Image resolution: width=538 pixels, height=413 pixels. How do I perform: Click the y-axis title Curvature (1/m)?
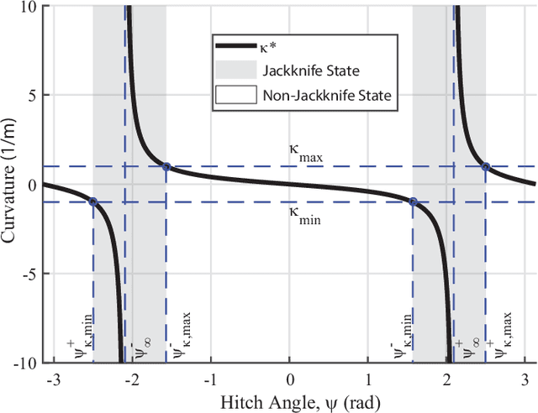[x=11, y=185]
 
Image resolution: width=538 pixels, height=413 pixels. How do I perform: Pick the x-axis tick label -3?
[x=54, y=379]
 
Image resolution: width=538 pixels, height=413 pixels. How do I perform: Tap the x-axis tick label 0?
[x=290, y=379]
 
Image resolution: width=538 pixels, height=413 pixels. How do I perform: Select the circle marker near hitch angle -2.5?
[x=92, y=201]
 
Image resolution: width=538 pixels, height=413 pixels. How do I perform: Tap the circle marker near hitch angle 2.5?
[x=486, y=166]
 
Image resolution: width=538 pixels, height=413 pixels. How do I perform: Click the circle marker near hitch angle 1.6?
[x=413, y=201]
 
